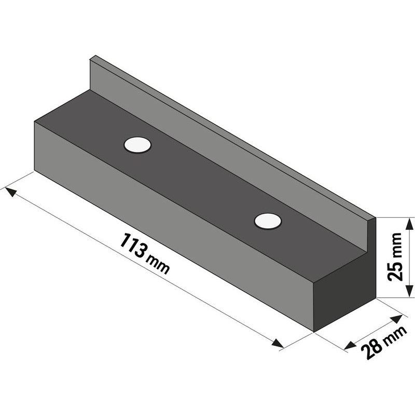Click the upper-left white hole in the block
[137, 145]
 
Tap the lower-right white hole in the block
[268, 221]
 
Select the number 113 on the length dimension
[133, 246]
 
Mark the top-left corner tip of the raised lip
[92, 57]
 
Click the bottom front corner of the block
[313, 330]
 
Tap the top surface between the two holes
[202, 182]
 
